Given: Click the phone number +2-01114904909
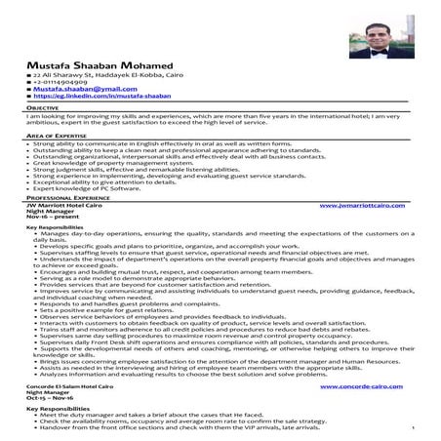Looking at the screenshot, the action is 67,88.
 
